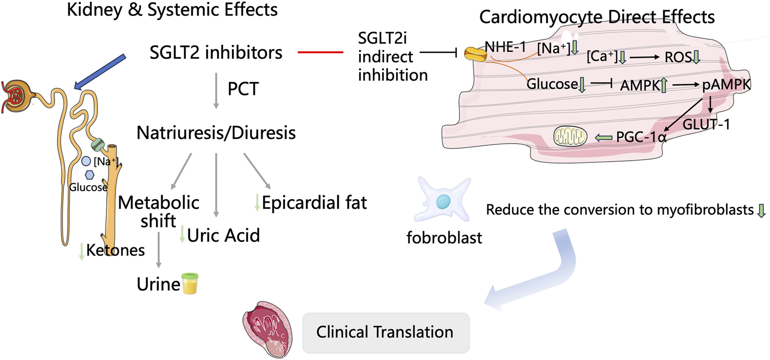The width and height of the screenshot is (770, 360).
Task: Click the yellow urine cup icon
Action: click(190, 285)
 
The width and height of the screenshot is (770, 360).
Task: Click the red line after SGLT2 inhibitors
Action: click(320, 52)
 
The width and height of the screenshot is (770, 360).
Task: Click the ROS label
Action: click(676, 58)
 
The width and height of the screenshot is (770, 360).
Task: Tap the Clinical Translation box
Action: click(385, 332)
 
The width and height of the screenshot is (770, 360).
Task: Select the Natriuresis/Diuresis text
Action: click(216, 133)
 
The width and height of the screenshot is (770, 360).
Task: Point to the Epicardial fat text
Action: click(314, 202)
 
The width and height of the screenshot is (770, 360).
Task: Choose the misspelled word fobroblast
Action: click(444, 238)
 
